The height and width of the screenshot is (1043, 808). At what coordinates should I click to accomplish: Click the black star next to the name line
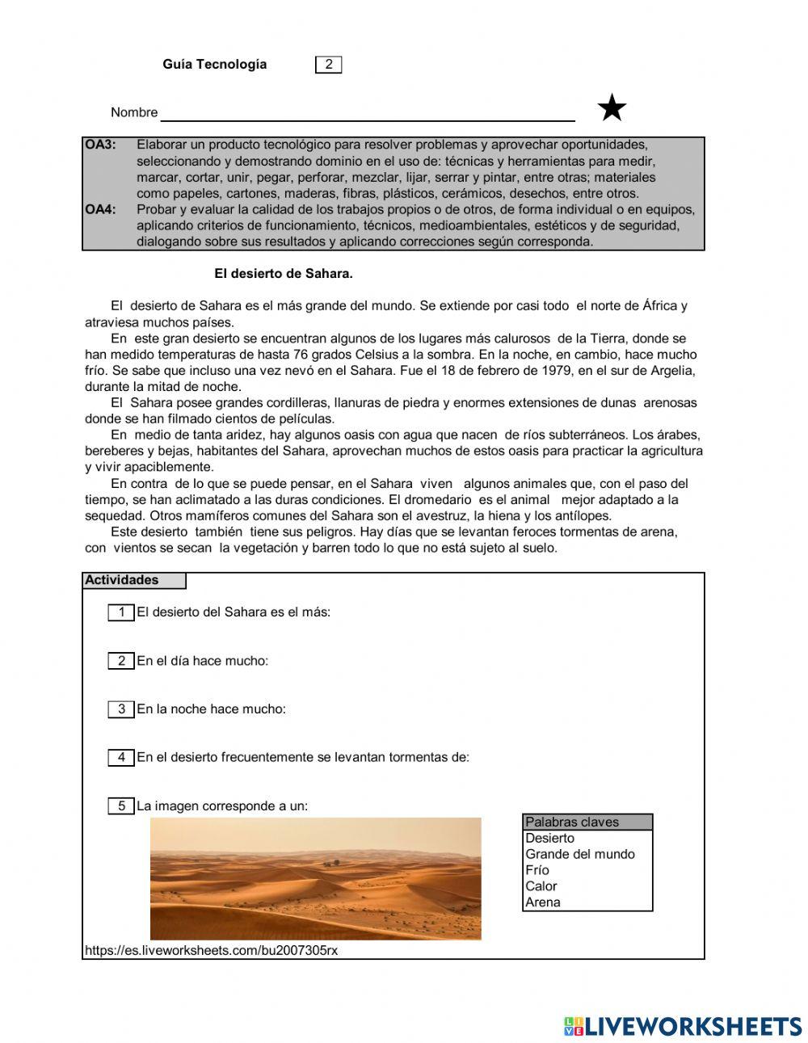tap(612, 108)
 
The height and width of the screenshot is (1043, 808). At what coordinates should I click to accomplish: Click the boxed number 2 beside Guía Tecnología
tap(328, 65)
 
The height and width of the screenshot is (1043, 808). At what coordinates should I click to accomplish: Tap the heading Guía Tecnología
tap(214, 65)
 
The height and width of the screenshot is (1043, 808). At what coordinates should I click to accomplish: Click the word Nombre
tap(134, 112)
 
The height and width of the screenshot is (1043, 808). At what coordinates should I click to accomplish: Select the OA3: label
tap(101, 145)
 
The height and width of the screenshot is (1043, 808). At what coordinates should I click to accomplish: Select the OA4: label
tap(101, 210)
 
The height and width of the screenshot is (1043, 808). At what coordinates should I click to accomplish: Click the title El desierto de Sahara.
tap(283, 274)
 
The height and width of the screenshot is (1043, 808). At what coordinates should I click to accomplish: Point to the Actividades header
tap(123, 580)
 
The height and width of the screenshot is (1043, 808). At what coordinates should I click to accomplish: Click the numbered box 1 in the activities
tap(121, 612)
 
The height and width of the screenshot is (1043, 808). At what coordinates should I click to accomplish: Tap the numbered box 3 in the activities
tap(121, 709)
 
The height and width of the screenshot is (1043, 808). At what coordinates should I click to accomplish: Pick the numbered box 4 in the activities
tap(121, 758)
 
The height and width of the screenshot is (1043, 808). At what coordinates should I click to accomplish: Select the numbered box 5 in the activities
tap(121, 806)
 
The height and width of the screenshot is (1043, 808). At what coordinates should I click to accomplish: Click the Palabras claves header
tap(572, 822)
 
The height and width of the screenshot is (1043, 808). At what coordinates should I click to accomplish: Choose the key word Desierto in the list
tap(550, 839)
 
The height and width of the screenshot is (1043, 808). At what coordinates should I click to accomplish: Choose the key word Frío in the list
tap(537, 870)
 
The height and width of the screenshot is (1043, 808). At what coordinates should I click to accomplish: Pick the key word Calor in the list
tap(541, 886)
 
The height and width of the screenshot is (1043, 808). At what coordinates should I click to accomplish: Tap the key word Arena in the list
tap(543, 902)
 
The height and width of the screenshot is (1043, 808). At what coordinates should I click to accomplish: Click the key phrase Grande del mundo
tap(580, 854)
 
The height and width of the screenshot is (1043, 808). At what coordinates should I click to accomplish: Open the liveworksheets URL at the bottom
tap(212, 951)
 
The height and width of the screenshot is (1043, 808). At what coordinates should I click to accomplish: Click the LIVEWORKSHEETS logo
tap(683, 1026)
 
